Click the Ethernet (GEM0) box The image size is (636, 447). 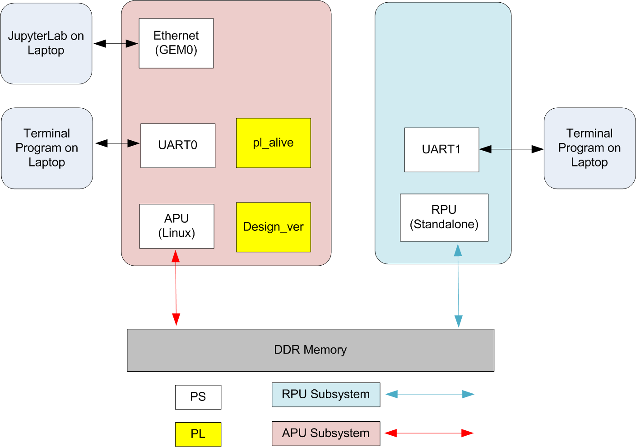point(176,43)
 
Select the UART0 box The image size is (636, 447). point(178,146)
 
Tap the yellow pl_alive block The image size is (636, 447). point(274,143)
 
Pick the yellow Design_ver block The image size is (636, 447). point(274,227)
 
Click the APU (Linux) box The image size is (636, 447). point(176,226)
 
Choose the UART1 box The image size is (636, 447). point(441,150)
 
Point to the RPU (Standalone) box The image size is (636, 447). point(444,218)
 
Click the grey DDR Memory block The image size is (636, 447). point(311,350)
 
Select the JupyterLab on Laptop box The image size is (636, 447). point(46,43)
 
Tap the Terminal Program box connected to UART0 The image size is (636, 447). point(47,148)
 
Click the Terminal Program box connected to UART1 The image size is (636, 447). point(590,148)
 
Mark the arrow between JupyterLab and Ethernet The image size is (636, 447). point(116,43)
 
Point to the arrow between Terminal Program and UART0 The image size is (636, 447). point(117,143)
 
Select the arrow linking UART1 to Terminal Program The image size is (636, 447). point(511,149)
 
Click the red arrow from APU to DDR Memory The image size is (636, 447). point(176,288)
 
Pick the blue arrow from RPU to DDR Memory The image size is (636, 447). point(458,286)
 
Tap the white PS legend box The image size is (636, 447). point(198,397)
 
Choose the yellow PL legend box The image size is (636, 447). point(198,434)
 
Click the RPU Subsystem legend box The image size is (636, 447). point(326,395)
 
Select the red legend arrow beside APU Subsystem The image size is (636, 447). point(429,433)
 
